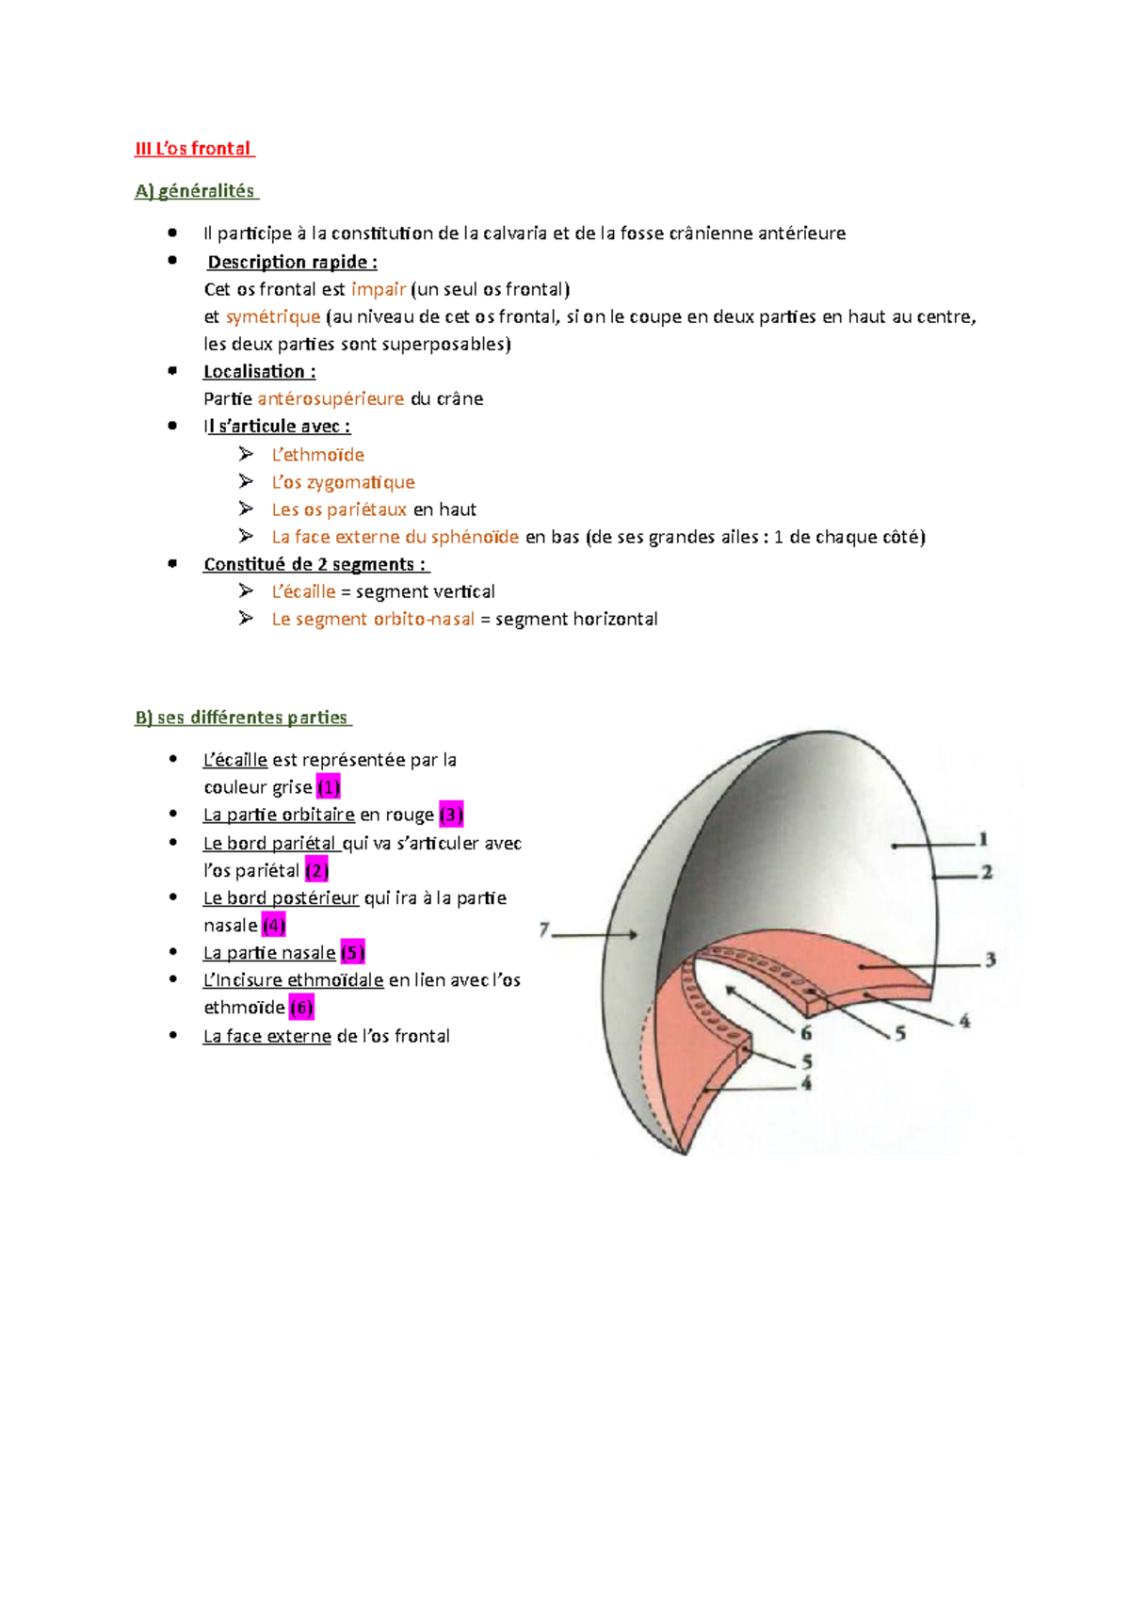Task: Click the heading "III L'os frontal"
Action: [x=194, y=149]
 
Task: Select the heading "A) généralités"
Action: [x=195, y=191]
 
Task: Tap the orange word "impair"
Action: [x=378, y=289]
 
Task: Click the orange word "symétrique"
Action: [x=273, y=316]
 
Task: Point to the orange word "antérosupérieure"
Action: [x=331, y=398]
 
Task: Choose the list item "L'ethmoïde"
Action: [x=317, y=455]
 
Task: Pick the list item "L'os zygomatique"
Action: [x=343, y=482]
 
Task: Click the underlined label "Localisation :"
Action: [x=259, y=371]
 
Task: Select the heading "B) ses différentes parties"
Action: [x=242, y=718]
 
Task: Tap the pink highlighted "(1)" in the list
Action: [x=328, y=786]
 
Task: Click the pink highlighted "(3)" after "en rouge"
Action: [x=451, y=815]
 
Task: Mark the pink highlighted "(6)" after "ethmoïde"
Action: [x=301, y=1008]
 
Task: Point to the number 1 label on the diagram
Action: [x=982, y=838]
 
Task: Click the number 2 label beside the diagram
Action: [x=987, y=872]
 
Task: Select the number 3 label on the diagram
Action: [x=991, y=960]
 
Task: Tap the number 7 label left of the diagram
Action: [x=544, y=930]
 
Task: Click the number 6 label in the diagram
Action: [x=806, y=1033]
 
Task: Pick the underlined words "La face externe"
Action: [x=266, y=1036]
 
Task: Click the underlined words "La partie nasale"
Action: [x=269, y=953]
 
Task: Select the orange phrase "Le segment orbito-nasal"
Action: [x=373, y=619]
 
